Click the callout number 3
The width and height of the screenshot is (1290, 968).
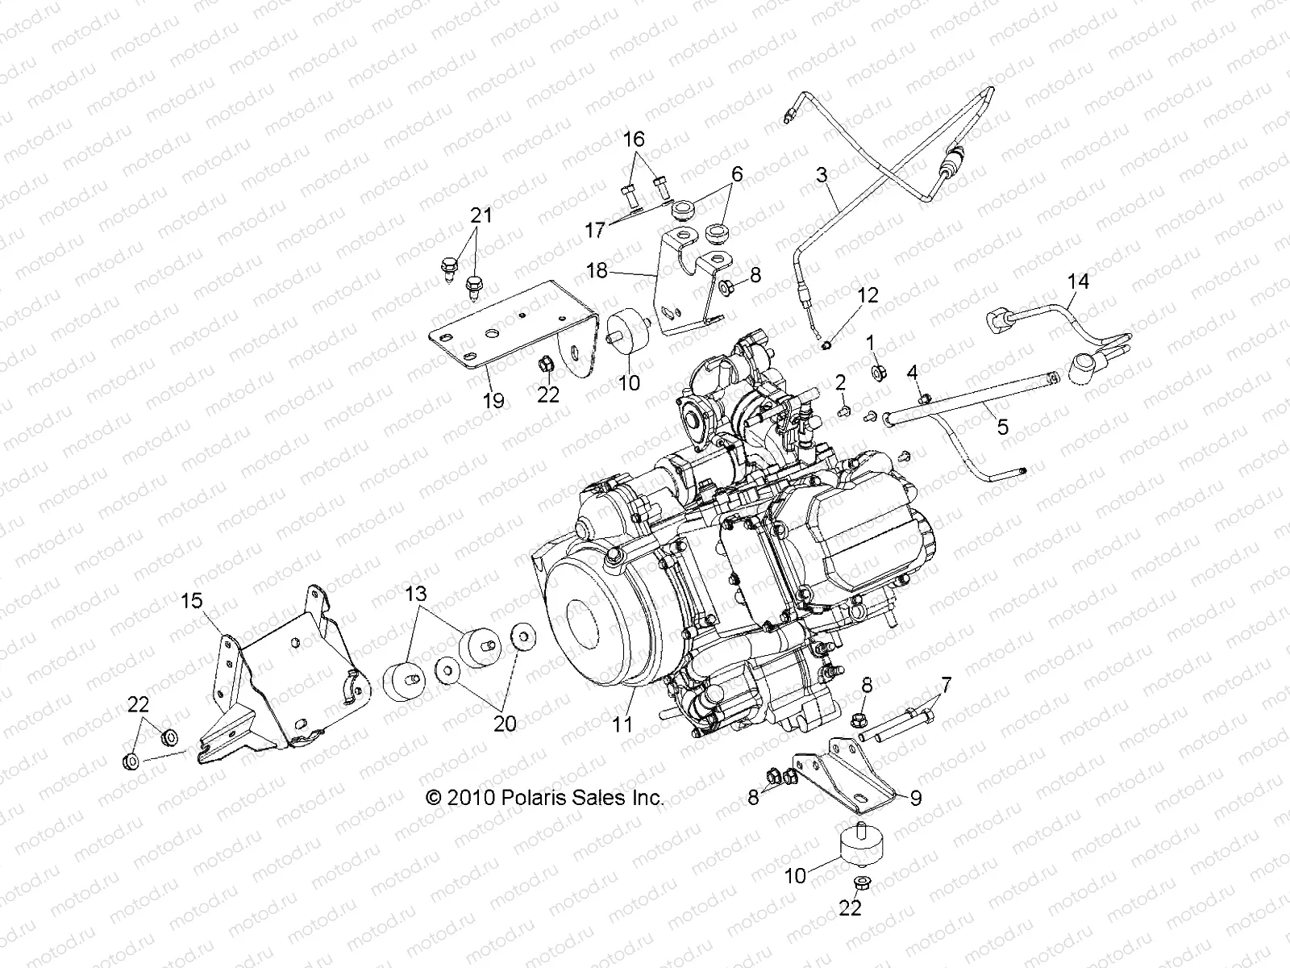(x=822, y=175)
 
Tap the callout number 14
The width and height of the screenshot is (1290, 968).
(x=1078, y=282)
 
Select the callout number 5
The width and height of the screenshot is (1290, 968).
(x=1002, y=427)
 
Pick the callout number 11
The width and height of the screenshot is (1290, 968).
(x=622, y=724)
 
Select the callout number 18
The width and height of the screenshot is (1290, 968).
(x=597, y=271)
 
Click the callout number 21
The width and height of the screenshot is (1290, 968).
(x=481, y=215)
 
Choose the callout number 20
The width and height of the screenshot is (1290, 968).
(x=505, y=724)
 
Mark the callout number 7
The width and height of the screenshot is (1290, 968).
(x=946, y=686)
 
